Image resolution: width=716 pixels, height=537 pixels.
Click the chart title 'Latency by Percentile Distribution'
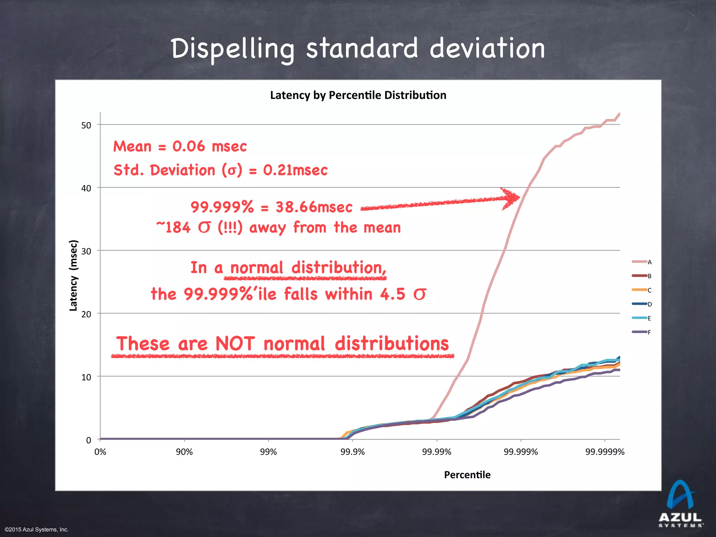point(358,95)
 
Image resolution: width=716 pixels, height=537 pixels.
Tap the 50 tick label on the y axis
point(86,125)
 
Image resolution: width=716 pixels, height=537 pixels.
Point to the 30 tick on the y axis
point(86,251)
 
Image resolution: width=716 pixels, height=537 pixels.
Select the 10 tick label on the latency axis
point(86,377)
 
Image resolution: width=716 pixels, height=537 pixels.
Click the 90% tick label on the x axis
point(184,452)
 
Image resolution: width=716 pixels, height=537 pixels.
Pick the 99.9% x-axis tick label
point(352,452)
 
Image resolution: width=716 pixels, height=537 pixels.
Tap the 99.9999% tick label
point(605,452)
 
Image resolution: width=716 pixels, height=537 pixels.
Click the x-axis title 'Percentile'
point(467,475)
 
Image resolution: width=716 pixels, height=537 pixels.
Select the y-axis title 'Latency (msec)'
point(73,275)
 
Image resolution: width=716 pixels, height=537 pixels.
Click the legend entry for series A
point(642,262)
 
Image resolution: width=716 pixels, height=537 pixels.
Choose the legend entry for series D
point(642,304)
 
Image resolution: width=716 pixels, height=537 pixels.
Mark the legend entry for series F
point(642,332)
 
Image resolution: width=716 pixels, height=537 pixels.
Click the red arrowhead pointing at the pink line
point(511,198)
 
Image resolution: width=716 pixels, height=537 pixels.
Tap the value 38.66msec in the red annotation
point(314,207)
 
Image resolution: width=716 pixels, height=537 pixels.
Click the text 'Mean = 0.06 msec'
point(180,146)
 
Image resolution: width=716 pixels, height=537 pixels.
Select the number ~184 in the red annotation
point(174,228)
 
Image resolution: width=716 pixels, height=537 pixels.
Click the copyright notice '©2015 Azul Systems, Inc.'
point(37,530)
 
